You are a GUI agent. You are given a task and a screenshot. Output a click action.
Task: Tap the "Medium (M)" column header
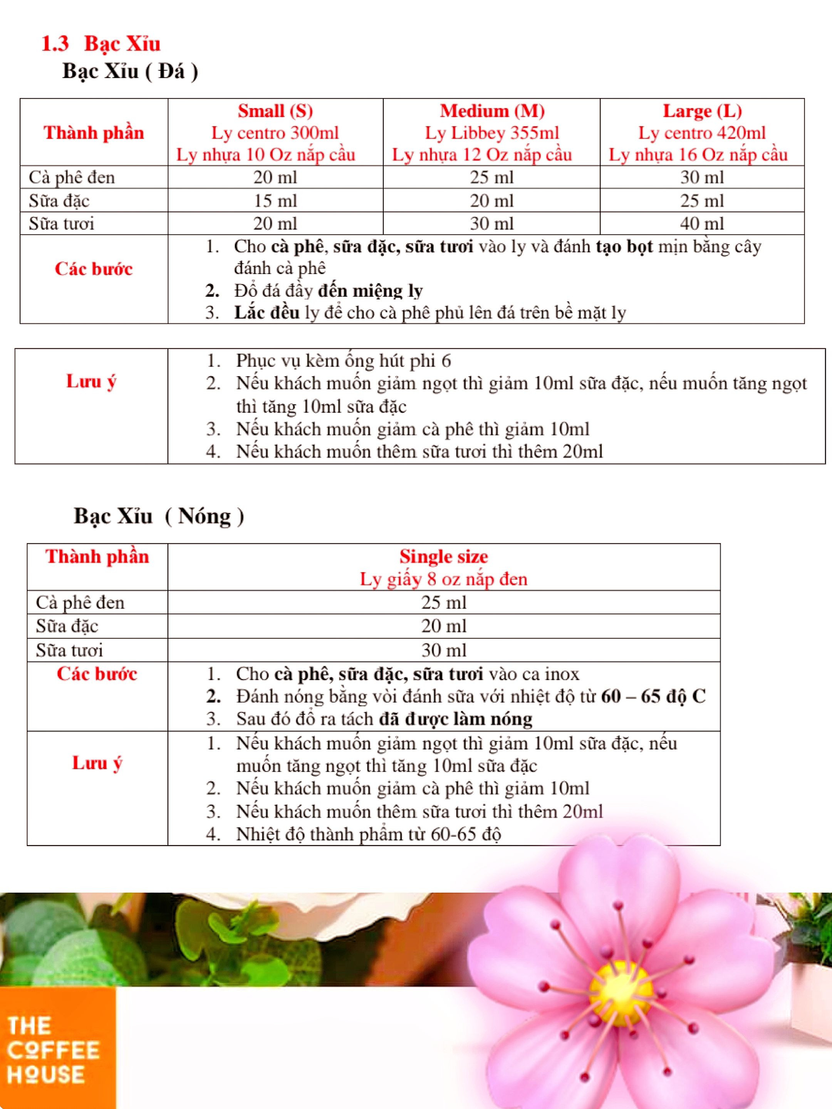pos(491,111)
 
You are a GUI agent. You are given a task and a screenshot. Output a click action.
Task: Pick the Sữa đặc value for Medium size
pos(491,201)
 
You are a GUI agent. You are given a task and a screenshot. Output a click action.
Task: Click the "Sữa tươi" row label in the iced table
pos(61,224)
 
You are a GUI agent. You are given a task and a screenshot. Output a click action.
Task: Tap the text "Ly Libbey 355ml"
pos(491,133)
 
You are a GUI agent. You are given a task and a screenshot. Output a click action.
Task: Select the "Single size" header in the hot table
pos(443,556)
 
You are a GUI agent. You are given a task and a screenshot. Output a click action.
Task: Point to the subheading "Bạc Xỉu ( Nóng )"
pos(158,516)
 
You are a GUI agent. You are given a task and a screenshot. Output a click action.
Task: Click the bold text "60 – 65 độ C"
pos(653,696)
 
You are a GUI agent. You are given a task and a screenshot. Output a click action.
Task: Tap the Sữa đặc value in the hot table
pos(443,626)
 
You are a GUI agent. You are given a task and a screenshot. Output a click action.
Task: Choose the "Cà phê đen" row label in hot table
pos(80,603)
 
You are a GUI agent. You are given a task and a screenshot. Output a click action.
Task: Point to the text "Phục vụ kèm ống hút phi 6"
pos(343,360)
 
